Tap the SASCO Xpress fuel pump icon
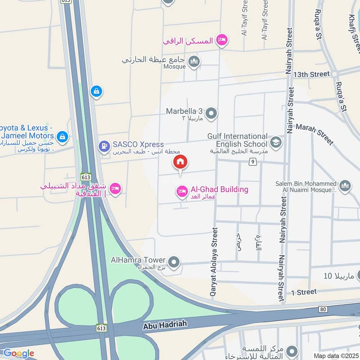point(104,146)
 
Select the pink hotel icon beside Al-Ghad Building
point(182,192)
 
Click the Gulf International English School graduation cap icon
point(275,143)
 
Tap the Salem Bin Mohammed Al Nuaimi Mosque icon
point(345,186)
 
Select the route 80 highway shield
point(322,309)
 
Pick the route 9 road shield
point(253,162)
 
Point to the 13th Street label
point(311,74)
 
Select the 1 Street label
point(304,292)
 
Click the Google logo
point(18,353)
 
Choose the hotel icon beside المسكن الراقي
point(221,41)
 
